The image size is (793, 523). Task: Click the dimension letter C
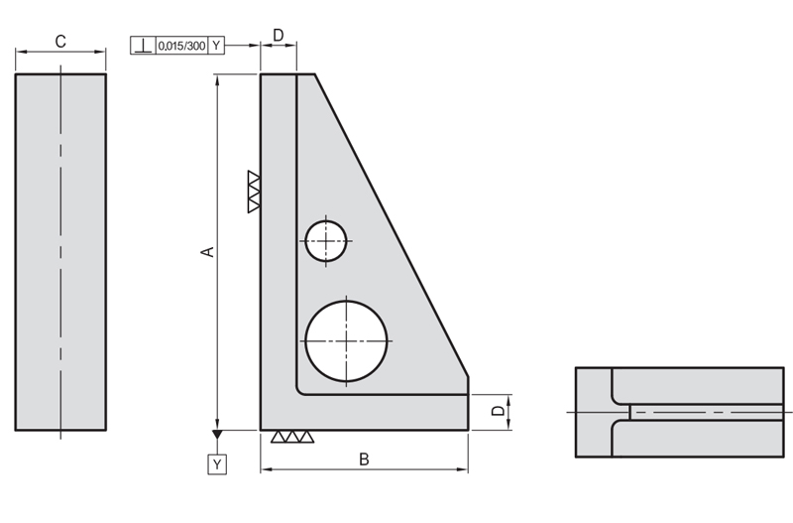tap(60, 42)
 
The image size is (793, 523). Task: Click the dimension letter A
tap(208, 252)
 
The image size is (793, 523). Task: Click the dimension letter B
tap(364, 459)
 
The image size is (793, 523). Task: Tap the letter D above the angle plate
tap(279, 36)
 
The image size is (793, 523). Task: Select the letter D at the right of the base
tap(499, 410)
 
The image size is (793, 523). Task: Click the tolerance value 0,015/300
tap(181, 46)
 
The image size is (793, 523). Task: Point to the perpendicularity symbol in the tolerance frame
tap(144, 46)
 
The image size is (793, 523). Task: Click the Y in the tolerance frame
tap(216, 46)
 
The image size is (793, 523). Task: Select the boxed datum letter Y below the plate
tap(217, 464)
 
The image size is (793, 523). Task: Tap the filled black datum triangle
tap(217, 435)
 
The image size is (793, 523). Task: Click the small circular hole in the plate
tap(326, 241)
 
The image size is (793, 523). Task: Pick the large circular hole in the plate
tap(346, 341)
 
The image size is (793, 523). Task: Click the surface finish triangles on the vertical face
tap(254, 192)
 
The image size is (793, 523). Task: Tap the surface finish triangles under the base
tap(292, 437)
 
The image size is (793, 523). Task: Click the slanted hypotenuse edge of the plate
tap(392, 225)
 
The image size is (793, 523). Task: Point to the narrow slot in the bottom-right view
tap(707, 412)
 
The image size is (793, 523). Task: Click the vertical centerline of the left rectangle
tap(60, 252)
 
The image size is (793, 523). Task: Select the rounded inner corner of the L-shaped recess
tap(300, 390)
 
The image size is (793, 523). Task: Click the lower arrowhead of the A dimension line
tap(217, 424)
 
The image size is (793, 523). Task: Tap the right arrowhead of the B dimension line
tap(462, 469)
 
